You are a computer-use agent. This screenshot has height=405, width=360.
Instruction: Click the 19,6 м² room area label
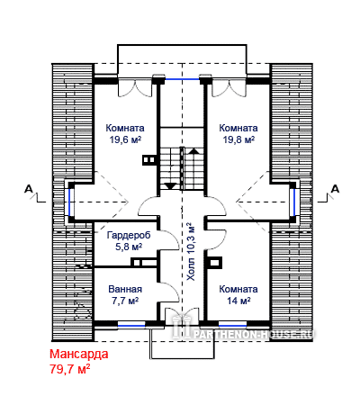click(125, 139)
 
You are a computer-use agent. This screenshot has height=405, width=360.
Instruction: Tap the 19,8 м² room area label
click(238, 139)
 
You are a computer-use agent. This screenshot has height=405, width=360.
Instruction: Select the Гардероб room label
click(129, 235)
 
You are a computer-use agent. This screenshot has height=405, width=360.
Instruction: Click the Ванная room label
click(125, 289)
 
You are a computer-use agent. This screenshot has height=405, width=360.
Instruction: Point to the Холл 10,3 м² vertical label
click(191, 251)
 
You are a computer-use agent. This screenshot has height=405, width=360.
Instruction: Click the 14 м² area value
click(238, 301)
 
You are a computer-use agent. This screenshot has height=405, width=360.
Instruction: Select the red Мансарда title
click(79, 354)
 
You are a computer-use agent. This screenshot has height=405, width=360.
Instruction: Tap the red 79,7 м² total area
click(70, 369)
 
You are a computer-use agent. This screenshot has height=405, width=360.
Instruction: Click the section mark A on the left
click(29, 189)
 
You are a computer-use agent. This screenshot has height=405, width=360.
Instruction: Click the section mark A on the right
click(335, 189)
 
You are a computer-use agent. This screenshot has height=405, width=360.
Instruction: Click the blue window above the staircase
click(183, 79)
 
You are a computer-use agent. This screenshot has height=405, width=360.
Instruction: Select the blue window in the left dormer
click(69, 202)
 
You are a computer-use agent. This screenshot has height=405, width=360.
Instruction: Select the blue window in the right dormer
click(294, 202)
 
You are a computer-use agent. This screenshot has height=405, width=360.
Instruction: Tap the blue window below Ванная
click(131, 325)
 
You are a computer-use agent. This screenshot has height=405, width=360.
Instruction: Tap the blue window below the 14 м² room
click(232, 325)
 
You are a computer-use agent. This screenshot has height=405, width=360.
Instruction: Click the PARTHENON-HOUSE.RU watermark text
click(253, 334)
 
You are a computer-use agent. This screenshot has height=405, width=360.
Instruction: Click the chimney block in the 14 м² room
click(215, 263)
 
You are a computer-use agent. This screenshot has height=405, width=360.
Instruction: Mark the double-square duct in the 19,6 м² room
click(148, 160)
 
